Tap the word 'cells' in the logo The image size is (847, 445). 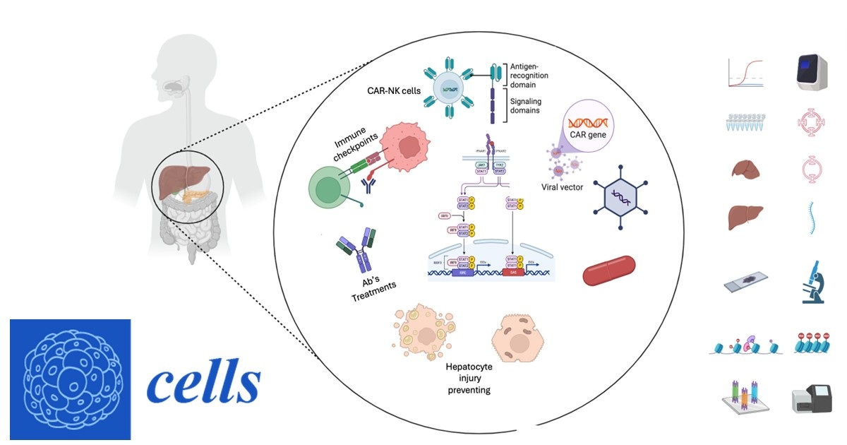(203, 383)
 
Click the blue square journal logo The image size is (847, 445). (71, 380)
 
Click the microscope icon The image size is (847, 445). (813, 283)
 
